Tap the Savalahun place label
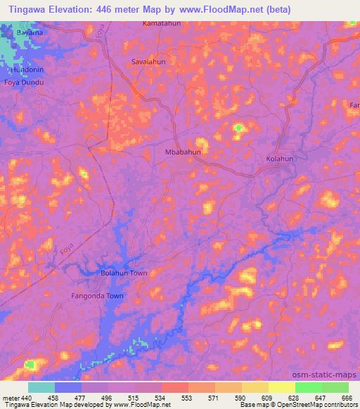(148, 62)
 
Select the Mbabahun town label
(182, 152)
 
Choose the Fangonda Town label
(97, 296)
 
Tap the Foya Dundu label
(23, 83)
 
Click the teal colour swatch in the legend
(41, 387)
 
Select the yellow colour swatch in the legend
(281, 387)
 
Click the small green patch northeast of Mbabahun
(239, 128)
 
